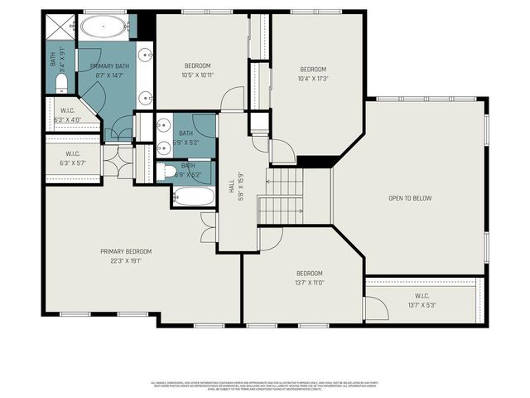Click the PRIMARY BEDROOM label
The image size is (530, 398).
(x=126, y=251)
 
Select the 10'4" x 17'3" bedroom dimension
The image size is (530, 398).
(x=314, y=79)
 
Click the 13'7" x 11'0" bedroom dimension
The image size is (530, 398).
(x=310, y=282)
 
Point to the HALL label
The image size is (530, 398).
(x=231, y=189)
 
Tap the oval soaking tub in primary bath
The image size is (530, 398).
(x=104, y=27)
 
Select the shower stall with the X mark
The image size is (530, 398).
(x=58, y=28)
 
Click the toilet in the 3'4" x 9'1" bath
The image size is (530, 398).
(x=61, y=84)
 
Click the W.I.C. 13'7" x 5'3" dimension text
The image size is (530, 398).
(x=422, y=304)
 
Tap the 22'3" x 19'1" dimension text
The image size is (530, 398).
(x=126, y=260)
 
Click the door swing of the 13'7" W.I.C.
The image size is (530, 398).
(x=374, y=308)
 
